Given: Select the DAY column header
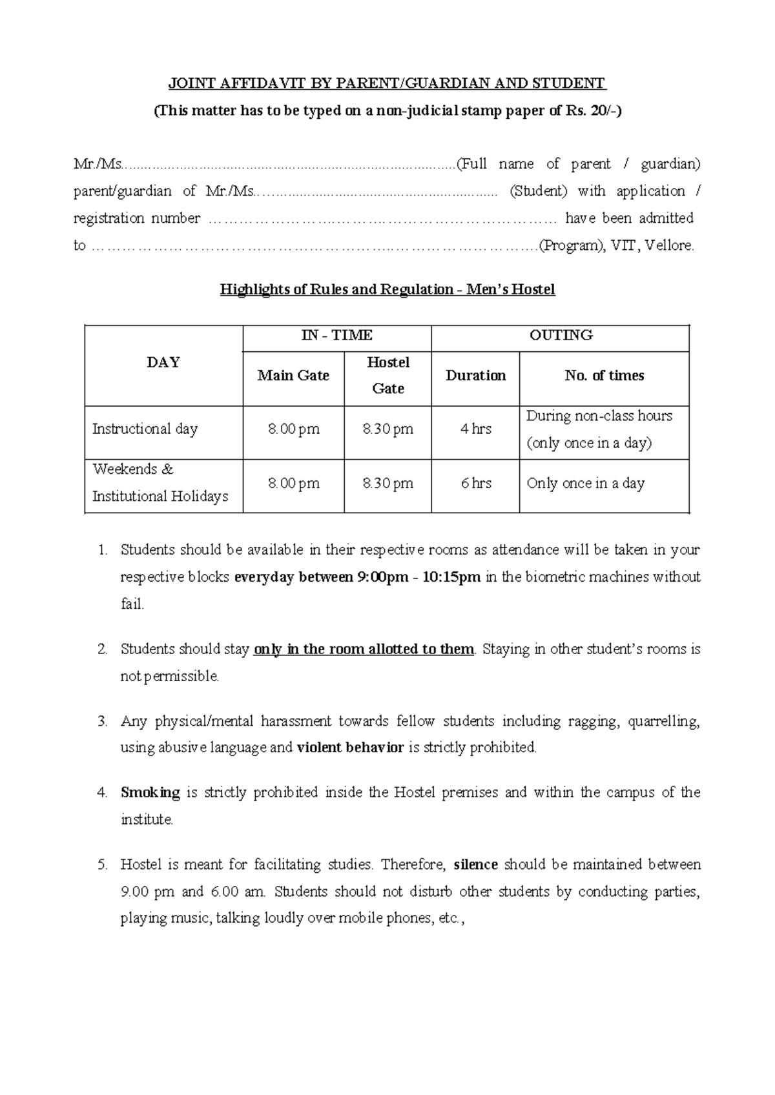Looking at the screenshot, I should [163, 363].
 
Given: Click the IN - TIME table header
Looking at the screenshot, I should [336, 335].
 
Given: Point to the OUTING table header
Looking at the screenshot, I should [561, 335].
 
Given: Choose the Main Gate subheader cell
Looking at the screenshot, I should [293, 376].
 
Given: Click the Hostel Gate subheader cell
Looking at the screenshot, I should [387, 375].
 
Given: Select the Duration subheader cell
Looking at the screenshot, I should [475, 376].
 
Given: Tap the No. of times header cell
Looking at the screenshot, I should [604, 376].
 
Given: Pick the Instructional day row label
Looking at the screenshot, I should [145, 429].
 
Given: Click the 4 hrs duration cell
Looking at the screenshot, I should [475, 429].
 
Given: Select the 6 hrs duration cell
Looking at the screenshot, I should [475, 484].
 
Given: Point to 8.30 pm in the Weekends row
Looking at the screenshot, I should [387, 484].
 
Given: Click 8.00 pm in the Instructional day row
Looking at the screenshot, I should [293, 429].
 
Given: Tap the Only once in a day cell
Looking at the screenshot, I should [585, 484].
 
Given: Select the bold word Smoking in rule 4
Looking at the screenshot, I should [150, 792].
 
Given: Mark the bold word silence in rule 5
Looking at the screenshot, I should [476, 865].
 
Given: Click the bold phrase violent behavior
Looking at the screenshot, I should [350, 748].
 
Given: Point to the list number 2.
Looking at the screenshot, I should [102, 650].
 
